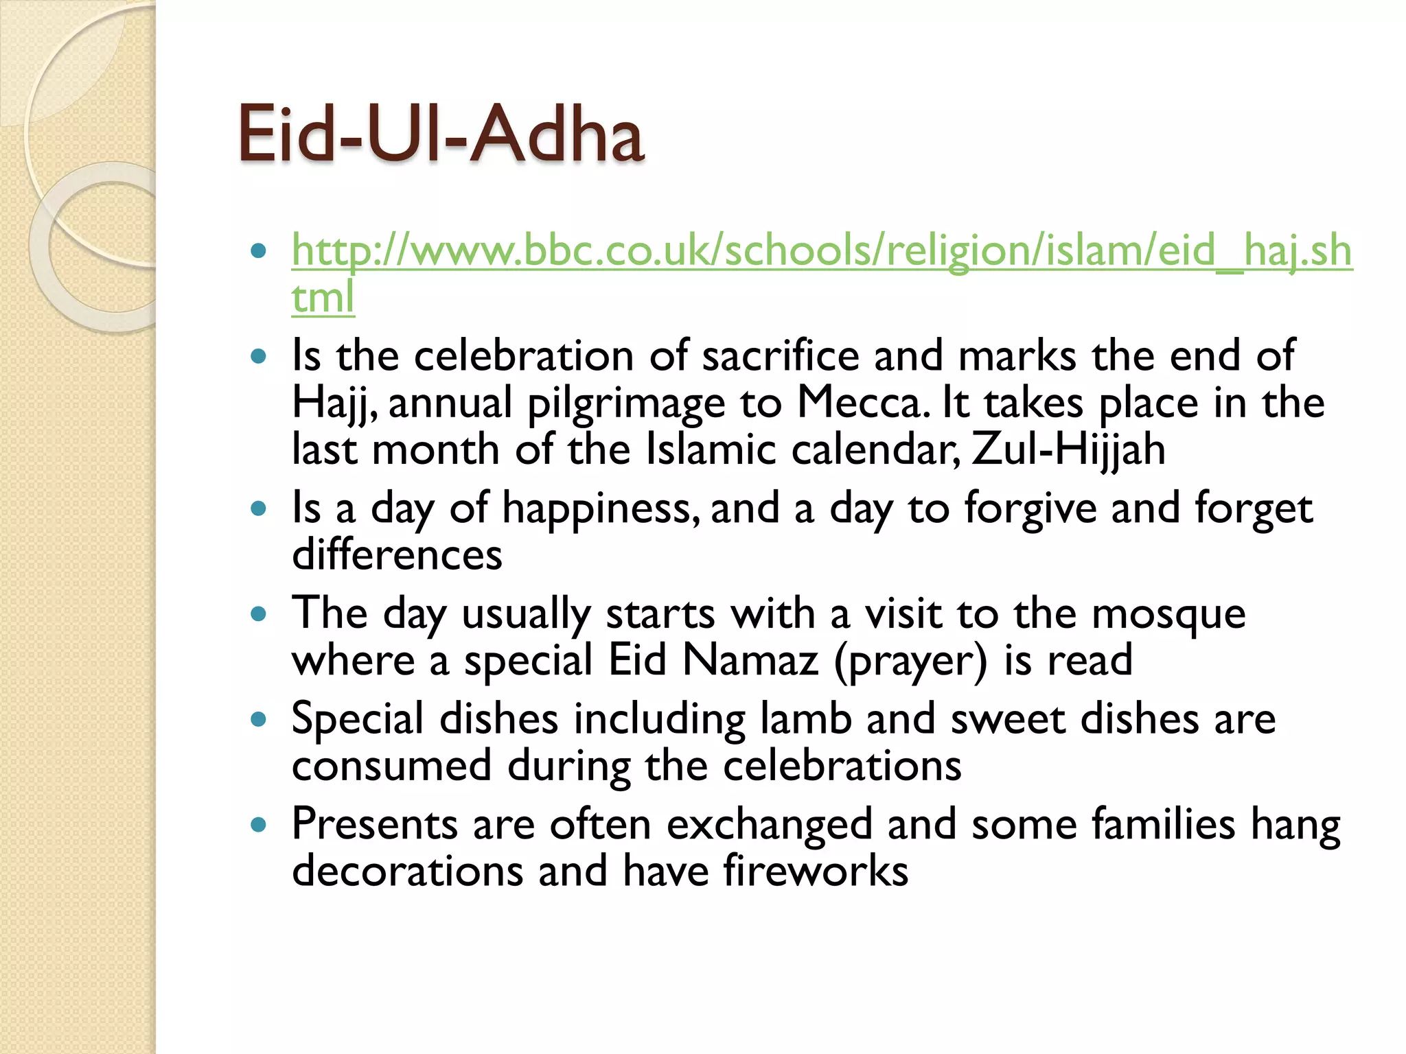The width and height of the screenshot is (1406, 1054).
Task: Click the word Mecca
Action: point(862,403)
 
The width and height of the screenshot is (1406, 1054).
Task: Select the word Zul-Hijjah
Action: point(1068,449)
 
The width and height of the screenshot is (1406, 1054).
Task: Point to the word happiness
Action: point(601,508)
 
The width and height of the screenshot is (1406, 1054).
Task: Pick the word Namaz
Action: point(750,660)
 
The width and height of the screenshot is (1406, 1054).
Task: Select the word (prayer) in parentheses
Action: point(910,661)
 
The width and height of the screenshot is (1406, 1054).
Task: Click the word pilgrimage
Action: point(625,404)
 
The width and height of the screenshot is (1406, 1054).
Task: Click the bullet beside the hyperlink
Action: point(258,250)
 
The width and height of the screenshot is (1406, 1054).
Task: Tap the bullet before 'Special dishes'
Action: point(258,720)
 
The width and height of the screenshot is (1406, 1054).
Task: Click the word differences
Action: point(397,555)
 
